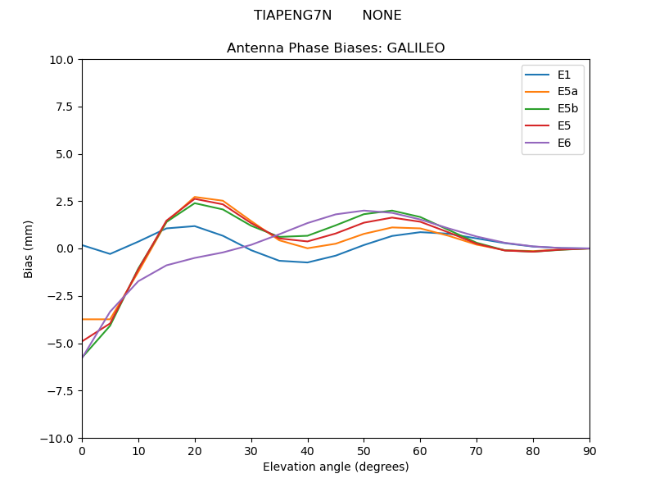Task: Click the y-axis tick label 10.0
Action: pyautogui.click(x=61, y=60)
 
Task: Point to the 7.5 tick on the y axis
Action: pyautogui.click(x=64, y=107)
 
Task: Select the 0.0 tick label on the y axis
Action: pyautogui.click(x=64, y=249)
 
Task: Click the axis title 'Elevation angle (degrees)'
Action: pyautogui.click(x=336, y=467)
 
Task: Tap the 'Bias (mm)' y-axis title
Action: pyautogui.click(x=29, y=249)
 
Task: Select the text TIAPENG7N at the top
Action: pyautogui.click(x=292, y=16)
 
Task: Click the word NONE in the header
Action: pyautogui.click(x=382, y=16)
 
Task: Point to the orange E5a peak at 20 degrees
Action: pyautogui.click(x=195, y=197)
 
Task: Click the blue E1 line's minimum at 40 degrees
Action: pyautogui.click(x=308, y=262)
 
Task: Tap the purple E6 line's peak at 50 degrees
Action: pyautogui.click(x=364, y=211)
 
